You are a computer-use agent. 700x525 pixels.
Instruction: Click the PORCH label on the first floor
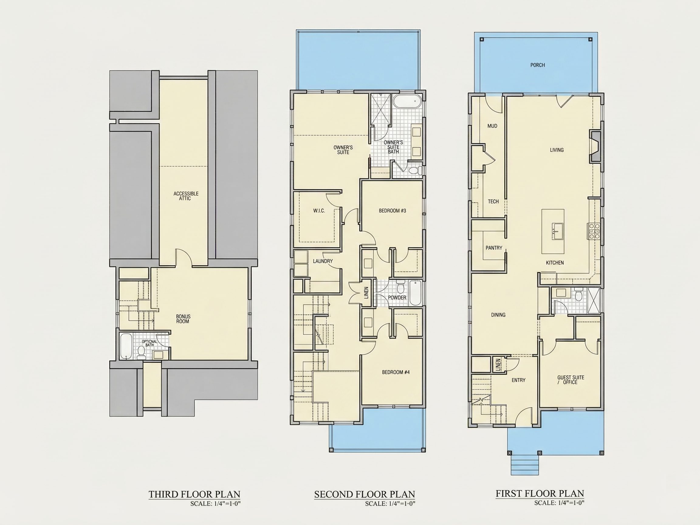click(x=538, y=65)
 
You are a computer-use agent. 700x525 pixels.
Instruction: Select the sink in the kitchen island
click(x=558, y=231)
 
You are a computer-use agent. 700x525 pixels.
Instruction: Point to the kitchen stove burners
click(x=593, y=231)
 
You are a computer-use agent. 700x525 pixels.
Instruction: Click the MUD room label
click(x=492, y=126)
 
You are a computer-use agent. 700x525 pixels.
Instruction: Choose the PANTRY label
click(x=494, y=248)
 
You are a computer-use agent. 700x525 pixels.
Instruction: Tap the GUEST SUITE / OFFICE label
click(x=571, y=380)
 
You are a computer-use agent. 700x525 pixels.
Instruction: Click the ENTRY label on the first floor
click(x=518, y=380)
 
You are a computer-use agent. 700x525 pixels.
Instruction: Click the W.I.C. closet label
click(x=319, y=211)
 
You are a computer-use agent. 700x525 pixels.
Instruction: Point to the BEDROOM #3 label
click(x=393, y=211)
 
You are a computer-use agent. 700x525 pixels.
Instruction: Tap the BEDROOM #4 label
click(x=396, y=372)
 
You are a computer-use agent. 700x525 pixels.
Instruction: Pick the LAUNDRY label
click(x=323, y=261)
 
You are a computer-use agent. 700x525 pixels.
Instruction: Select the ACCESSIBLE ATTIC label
click(x=186, y=196)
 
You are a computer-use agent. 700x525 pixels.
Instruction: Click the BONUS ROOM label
click(x=183, y=319)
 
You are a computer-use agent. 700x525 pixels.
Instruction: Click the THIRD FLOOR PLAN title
click(x=194, y=494)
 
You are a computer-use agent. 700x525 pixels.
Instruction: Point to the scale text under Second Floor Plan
click(x=390, y=503)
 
